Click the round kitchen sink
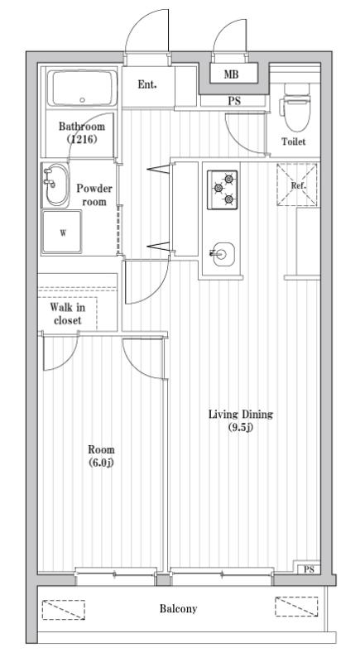point(221,253)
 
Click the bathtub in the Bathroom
point(82,88)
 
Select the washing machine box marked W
point(63,233)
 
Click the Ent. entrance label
point(147,84)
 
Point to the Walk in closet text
point(67,314)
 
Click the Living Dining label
point(241,415)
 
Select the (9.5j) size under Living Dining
point(240,427)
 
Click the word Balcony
point(178,609)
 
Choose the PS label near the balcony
point(308,570)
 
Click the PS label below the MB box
point(235,102)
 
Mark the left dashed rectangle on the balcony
point(64,609)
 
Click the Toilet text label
point(293,142)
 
